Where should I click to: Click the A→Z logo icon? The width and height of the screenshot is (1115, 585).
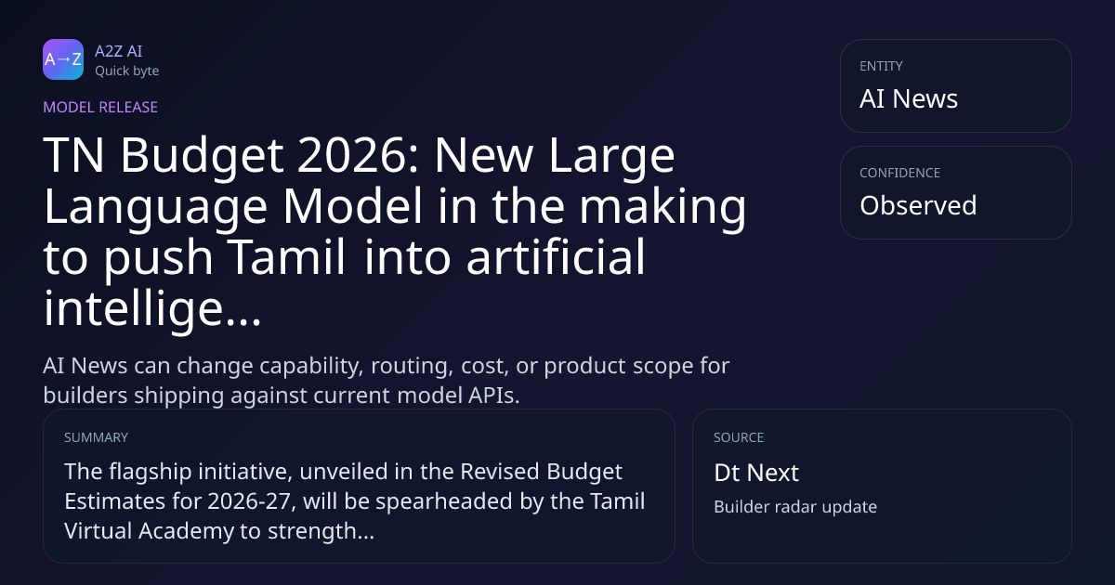pyautogui.click(x=63, y=59)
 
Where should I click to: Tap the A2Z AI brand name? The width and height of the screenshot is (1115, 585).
pyautogui.click(x=119, y=51)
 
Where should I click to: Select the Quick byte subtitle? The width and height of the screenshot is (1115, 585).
pyautogui.click(x=127, y=71)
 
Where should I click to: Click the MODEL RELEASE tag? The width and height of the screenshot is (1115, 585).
pyautogui.click(x=100, y=107)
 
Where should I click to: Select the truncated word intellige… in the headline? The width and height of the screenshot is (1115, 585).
pyautogui.click(x=152, y=308)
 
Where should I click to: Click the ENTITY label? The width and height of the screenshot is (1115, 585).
pyautogui.click(x=881, y=66)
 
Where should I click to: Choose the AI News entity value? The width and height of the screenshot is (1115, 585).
pyautogui.click(x=909, y=98)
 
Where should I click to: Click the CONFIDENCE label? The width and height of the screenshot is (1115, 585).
pyautogui.click(x=900, y=173)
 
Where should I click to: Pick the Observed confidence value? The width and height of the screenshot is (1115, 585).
pyautogui.click(x=918, y=205)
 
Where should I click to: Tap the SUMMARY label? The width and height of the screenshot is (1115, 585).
pyautogui.click(x=96, y=437)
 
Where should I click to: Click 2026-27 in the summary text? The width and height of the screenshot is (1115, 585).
pyautogui.click(x=249, y=500)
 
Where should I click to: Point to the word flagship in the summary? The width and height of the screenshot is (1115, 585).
pyautogui.click(x=151, y=472)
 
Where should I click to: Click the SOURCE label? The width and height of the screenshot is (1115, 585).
pyautogui.click(x=739, y=437)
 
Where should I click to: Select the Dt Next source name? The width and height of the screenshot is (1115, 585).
pyautogui.click(x=756, y=472)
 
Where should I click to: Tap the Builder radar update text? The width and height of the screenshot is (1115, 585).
pyautogui.click(x=795, y=506)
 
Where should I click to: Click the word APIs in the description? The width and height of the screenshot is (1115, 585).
pyautogui.click(x=493, y=396)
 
